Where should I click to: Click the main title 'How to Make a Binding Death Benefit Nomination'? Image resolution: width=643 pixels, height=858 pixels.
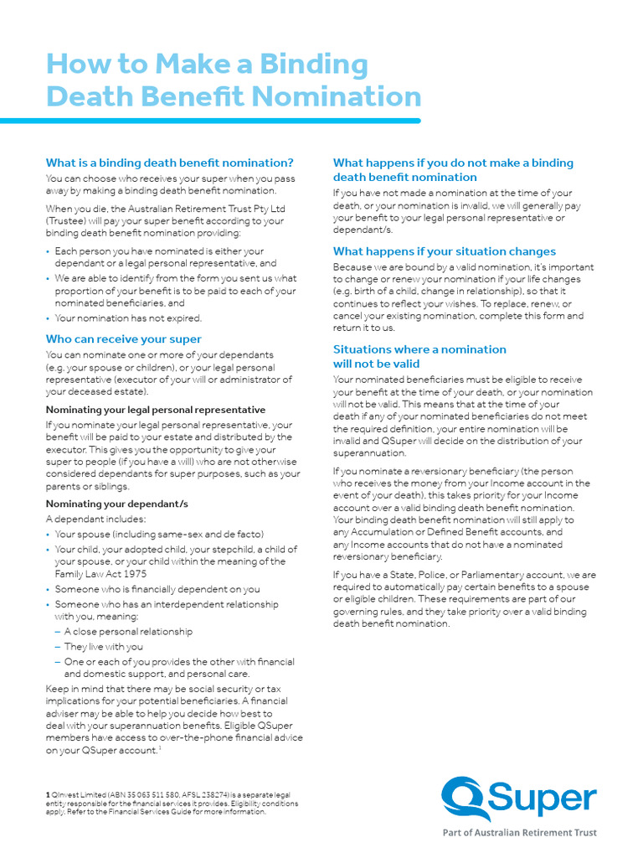233,80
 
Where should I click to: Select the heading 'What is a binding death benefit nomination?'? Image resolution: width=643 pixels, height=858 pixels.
169,163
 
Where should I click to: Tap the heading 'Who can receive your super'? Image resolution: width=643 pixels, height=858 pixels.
123,339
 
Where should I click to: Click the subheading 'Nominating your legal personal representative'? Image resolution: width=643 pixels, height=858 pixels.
155,410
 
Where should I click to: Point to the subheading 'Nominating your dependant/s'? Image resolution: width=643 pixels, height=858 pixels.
116,504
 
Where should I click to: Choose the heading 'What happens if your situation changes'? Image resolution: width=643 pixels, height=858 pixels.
444,251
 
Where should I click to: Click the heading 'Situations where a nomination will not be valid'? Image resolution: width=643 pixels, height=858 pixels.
419,357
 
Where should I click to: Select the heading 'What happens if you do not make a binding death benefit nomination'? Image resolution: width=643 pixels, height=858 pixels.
453,170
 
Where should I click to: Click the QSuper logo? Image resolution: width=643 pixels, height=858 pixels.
519,798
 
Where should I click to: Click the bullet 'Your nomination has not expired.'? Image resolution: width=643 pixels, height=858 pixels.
128,318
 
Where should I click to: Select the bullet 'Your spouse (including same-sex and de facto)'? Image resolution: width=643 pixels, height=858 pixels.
159,535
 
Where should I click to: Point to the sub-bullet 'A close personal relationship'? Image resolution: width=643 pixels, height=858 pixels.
128,632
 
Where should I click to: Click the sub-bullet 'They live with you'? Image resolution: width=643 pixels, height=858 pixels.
104,647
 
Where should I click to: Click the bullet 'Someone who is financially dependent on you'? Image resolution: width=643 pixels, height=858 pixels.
157,589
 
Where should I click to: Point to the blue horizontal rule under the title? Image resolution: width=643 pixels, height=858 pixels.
210,121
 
